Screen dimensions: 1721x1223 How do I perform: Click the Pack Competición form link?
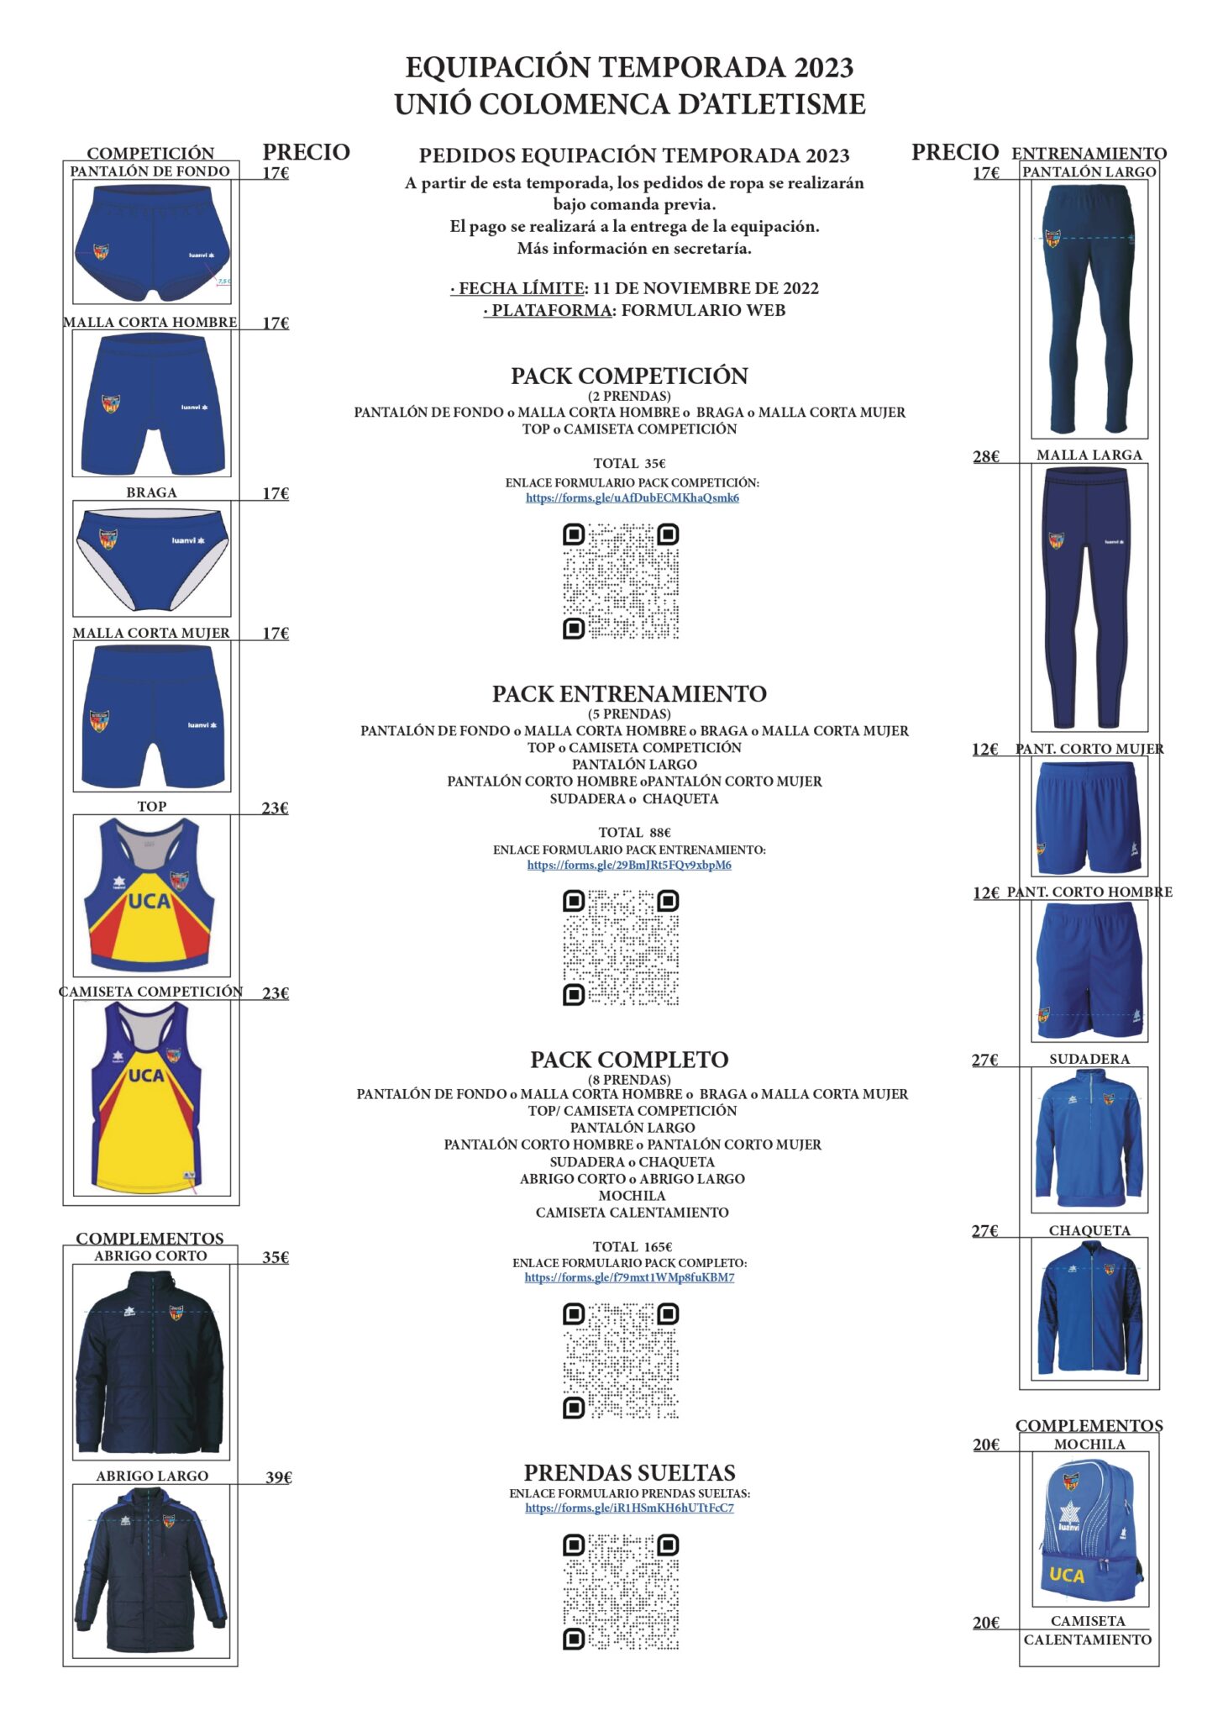click(632, 497)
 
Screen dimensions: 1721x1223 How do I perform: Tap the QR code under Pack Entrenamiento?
click(621, 948)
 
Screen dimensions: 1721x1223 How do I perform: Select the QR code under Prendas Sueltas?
click(621, 1592)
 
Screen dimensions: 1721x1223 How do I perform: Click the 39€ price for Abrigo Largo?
click(278, 1477)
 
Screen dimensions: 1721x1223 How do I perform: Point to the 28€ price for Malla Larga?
click(985, 457)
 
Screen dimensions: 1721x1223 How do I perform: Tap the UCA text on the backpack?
click(1066, 1575)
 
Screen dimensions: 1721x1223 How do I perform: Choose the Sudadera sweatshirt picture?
click(1089, 1139)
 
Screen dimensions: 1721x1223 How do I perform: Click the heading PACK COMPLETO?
click(629, 1060)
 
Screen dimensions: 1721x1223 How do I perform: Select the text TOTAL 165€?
click(632, 1247)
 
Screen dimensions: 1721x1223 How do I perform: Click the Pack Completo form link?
click(629, 1277)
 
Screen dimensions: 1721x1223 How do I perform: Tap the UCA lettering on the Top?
click(149, 902)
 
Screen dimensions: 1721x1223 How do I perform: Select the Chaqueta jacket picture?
click(1089, 1309)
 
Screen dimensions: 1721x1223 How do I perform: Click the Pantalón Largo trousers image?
click(1089, 309)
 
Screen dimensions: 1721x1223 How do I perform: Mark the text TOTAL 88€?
click(634, 832)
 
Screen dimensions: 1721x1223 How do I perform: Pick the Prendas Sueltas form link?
click(629, 1508)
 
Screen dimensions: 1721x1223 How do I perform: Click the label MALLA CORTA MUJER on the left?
click(151, 633)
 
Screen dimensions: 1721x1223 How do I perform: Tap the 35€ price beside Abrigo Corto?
click(276, 1257)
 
